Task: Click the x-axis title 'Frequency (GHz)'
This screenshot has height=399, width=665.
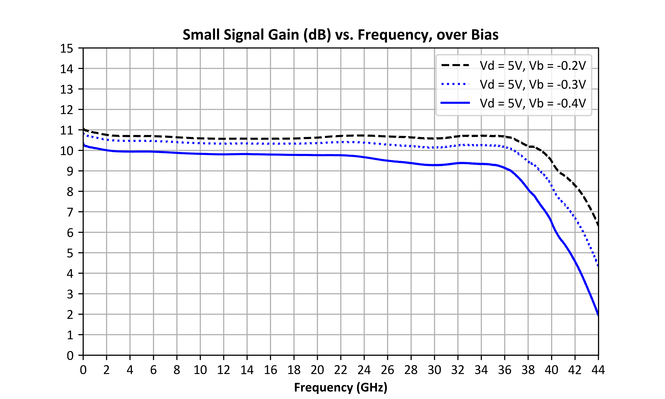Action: click(341, 387)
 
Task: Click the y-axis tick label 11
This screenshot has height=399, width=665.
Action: click(66, 130)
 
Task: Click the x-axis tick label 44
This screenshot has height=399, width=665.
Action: click(598, 370)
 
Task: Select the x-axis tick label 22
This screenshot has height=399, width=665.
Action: click(341, 370)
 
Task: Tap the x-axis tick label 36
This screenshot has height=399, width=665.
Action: click(505, 370)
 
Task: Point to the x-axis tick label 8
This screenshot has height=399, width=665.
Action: click(177, 370)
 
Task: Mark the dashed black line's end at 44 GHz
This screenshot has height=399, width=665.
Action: click(598, 226)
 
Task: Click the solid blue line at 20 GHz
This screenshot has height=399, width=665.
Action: click(317, 155)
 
